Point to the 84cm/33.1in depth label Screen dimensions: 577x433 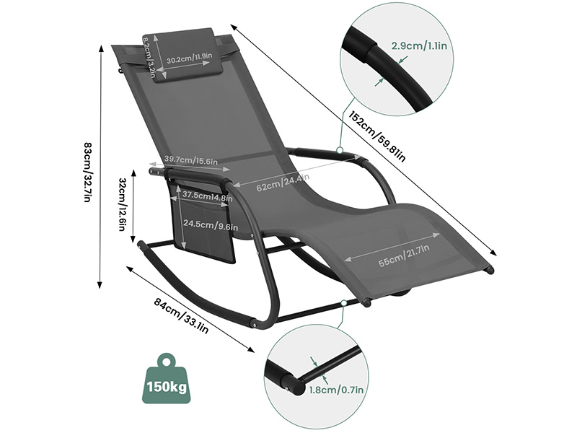click(182, 315)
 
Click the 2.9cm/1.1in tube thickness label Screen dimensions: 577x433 click(419, 45)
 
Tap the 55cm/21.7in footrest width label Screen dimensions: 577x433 click(404, 256)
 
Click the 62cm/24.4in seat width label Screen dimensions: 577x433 click(283, 182)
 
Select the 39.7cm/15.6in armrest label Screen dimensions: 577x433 click(191, 160)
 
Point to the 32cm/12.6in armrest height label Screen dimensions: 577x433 click(123, 204)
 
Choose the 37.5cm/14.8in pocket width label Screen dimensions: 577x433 click(208, 196)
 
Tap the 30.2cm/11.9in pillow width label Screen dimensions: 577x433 click(190, 58)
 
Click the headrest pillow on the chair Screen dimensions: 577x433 click(178, 55)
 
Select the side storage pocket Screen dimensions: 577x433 click(201, 221)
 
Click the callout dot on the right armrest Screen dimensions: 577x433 click(340, 150)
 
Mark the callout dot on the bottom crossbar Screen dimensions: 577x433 click(344, 303)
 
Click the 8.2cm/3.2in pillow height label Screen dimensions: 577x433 click(149, 57)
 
